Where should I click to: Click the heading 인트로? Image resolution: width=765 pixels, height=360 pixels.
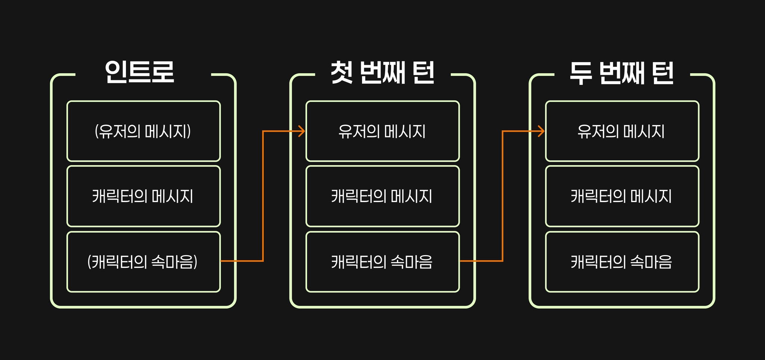pos(139,72)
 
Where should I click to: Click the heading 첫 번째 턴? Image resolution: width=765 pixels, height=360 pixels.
pos(382,72)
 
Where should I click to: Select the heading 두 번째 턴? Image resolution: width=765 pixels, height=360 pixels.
pos(622,73)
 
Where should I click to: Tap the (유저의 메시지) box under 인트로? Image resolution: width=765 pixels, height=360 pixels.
pos(143,131)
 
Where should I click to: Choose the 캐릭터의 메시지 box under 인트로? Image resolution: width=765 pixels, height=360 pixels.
pos(143,196)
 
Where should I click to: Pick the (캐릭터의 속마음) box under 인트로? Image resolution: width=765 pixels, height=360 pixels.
pos(143,262)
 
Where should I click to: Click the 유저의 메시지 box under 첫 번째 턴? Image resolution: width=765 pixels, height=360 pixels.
pos(382,131)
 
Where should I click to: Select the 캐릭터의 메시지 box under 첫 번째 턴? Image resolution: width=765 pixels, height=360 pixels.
pos(382,196)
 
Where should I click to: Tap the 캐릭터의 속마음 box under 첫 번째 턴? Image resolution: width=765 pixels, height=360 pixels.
pos(382,262)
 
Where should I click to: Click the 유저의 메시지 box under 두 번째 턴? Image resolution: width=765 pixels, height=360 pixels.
pos(622,131)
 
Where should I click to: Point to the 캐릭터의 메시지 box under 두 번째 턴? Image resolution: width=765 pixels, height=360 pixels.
pos(622,196)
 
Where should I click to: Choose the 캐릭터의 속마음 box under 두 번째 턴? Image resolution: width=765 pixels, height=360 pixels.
pos(622,262)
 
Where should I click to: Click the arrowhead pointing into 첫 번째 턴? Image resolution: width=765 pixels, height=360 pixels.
pos(302,131)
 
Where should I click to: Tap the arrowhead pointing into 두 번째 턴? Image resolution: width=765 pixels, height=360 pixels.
pos(541,131)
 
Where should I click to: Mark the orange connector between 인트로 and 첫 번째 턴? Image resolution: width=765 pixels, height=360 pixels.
pos(263,196)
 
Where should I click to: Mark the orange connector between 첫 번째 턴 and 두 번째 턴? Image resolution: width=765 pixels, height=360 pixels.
pos(502,196)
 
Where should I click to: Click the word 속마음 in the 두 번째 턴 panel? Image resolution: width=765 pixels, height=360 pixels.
pos(651,262)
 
